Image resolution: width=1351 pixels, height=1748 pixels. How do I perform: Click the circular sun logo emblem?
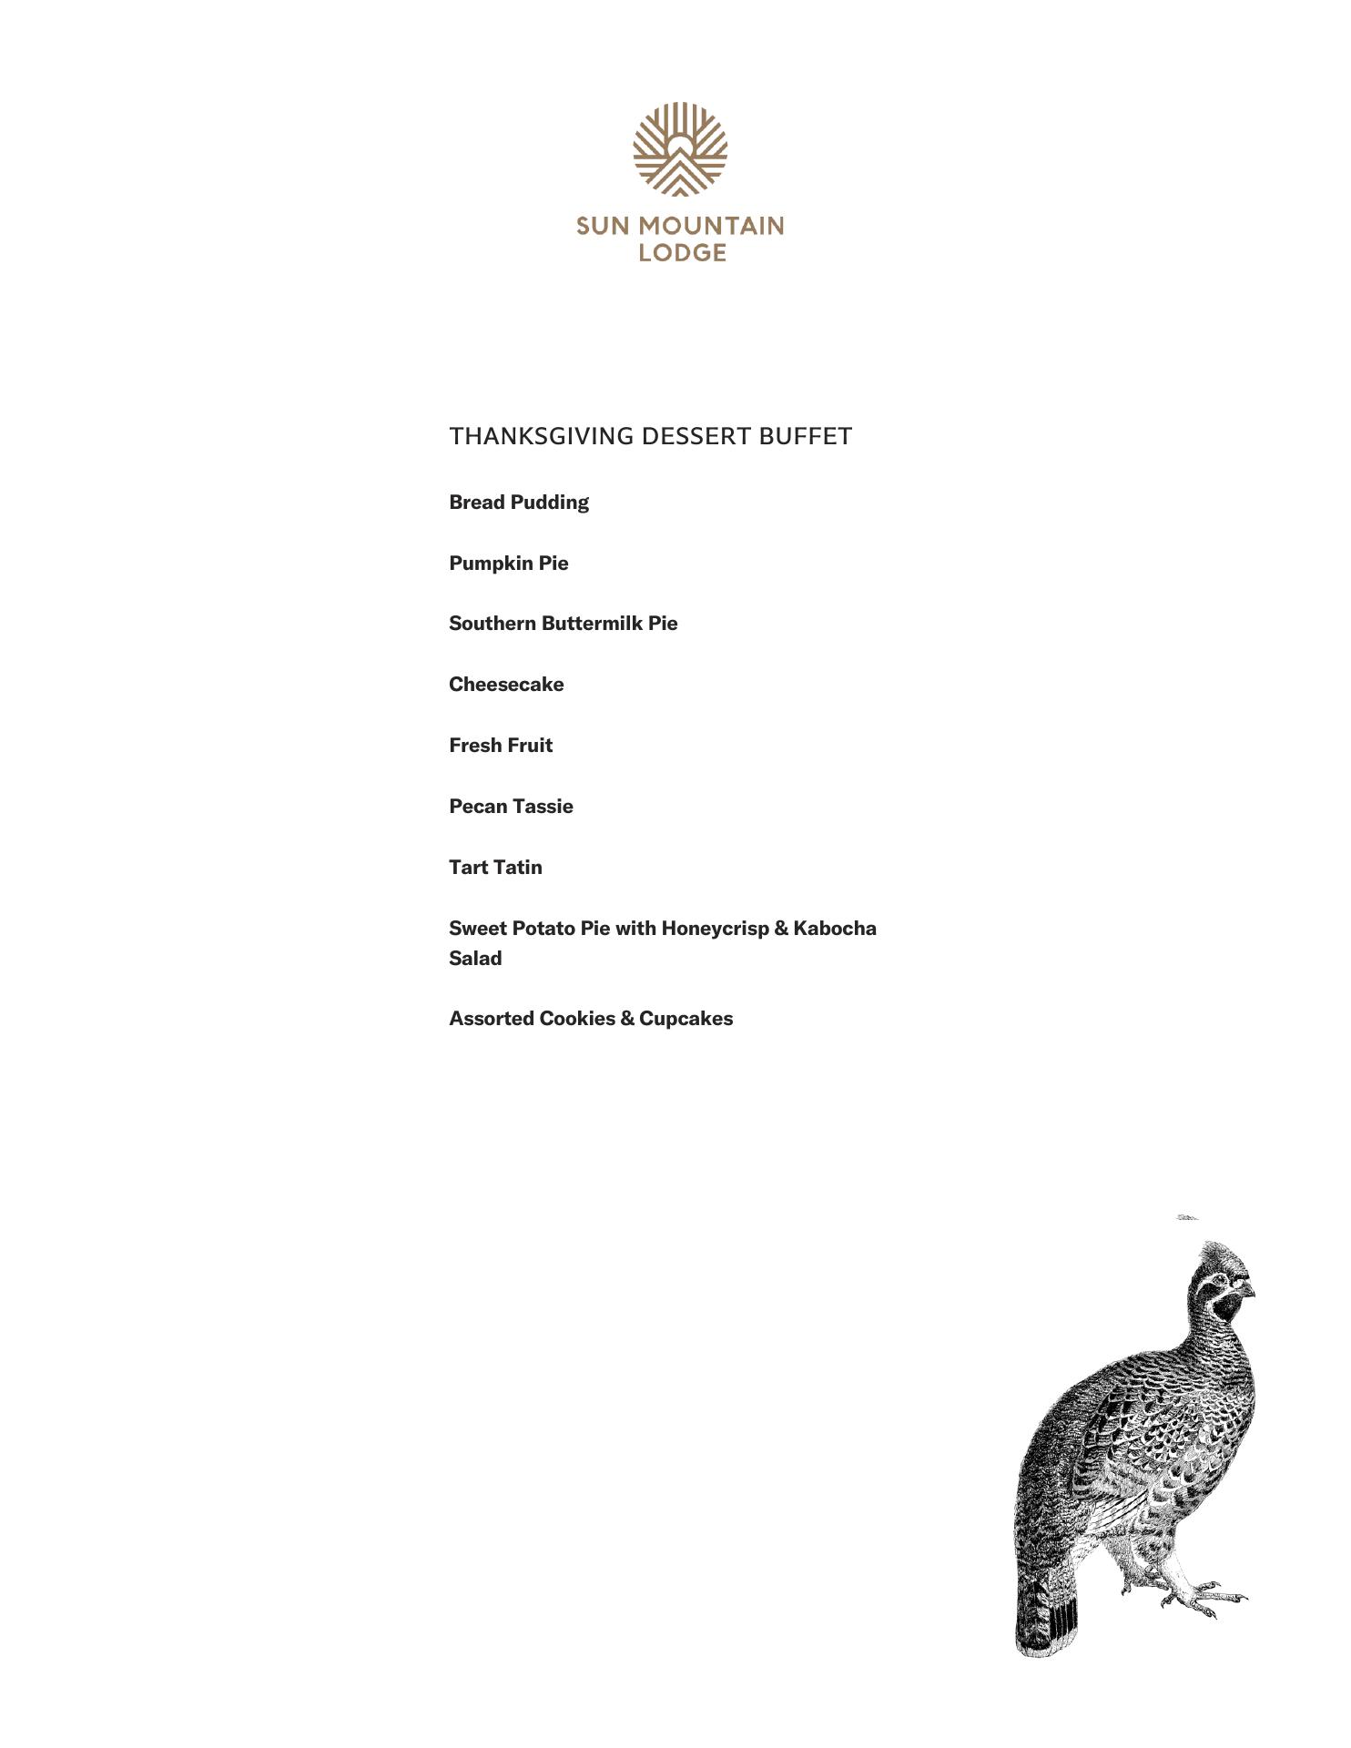(680, 149)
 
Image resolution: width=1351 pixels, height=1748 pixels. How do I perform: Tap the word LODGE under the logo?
(682, 252)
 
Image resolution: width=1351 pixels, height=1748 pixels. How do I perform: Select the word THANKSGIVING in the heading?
(542, 436)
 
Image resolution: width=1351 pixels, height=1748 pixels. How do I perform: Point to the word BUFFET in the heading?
(805, 436)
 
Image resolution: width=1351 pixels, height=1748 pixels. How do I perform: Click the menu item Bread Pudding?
(519, 503)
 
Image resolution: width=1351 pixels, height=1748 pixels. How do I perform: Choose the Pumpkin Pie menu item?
(508, 564)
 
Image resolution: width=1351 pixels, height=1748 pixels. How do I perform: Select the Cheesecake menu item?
(506, 685)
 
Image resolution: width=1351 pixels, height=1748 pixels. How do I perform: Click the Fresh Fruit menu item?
(501, 746)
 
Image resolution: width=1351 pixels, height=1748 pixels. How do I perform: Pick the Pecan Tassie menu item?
(511, 807)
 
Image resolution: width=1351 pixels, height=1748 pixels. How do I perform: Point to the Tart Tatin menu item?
(495, 868)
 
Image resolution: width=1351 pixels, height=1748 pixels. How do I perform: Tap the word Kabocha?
(835, 929)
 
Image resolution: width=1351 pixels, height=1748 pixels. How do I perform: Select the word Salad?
(475, 959)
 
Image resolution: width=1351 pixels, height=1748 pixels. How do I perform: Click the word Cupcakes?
(686, 1019)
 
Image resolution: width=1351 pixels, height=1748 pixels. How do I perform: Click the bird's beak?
(1249, 1291)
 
